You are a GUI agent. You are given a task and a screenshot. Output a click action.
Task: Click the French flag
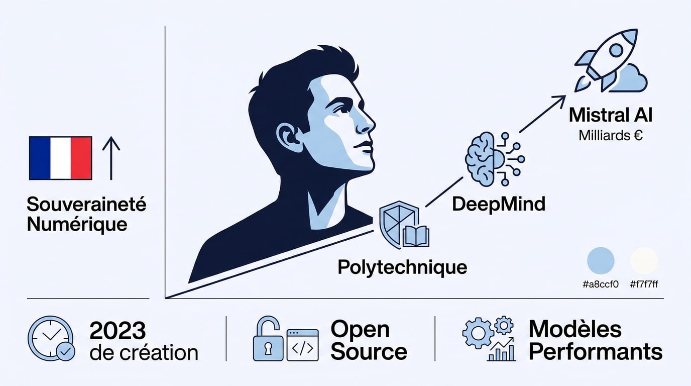[x=60, y=158]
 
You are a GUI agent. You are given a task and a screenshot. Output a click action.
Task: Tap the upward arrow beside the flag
[x=111, y=158]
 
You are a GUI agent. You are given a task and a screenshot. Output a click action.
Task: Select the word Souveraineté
[x=87, y=204]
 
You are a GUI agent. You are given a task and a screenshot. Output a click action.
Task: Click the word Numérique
[x=77, y=225]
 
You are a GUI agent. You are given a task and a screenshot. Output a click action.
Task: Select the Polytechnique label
[x=402, y=267]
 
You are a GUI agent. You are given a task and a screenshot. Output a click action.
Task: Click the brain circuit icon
[x=495, y=159]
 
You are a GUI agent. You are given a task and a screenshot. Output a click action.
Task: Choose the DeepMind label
[x=499, y=204]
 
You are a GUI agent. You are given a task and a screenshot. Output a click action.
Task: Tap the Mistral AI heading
[x=611, y=115]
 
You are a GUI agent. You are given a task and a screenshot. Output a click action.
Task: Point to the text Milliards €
[x=611, y=135]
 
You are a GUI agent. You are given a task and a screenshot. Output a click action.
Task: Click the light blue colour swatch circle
[x=601, y=261]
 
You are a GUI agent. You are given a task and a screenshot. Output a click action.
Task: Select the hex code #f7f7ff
[x=644, y=284]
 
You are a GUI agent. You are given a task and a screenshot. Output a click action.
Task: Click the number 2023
[x=118, y=330]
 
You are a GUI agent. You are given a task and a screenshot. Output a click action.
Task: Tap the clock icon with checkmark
[x=51, y=338]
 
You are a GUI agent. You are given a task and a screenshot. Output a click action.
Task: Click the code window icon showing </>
[x=302, y=345]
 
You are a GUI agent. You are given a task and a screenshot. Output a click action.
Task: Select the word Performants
[x=596, y=352]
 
